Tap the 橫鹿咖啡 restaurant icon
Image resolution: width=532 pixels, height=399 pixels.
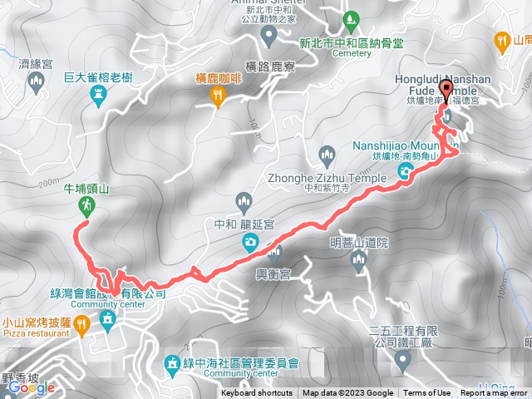pos(218,98)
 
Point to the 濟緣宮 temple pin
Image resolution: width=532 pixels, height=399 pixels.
pos(35,82)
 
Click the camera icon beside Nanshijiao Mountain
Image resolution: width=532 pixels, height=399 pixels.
pos(406,172)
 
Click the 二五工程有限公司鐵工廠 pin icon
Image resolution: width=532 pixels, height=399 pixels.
pos(403,359)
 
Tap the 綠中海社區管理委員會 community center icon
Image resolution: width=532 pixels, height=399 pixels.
pos(172,362)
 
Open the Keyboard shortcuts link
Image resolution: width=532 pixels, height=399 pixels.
pos(257,393)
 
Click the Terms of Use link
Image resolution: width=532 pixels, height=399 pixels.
pos(427,393)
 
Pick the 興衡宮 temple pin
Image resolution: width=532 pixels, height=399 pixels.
pos(274,253)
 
